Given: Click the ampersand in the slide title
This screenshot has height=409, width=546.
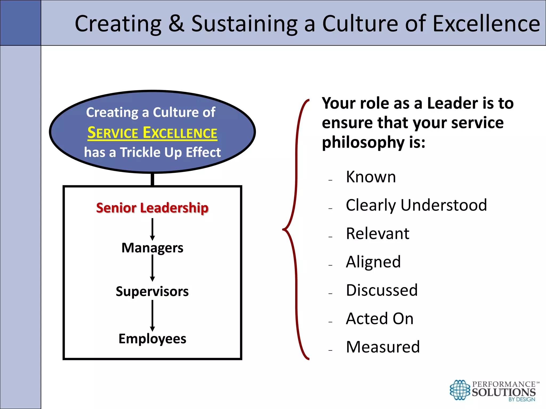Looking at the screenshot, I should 176,23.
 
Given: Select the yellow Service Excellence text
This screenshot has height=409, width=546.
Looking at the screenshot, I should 152,133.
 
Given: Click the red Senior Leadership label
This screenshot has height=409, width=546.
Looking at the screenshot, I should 152,208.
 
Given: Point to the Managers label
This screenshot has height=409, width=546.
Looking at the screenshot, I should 152,248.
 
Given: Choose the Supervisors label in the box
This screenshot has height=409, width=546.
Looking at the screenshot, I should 152,291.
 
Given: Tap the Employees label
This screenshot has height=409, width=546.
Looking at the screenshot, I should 152,339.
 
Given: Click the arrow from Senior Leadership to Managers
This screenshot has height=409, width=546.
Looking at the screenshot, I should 152,229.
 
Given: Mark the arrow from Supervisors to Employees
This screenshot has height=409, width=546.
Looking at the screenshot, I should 152,316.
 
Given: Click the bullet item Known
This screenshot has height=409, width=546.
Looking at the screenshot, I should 371,177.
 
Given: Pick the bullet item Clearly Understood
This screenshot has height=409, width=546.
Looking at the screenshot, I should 416,205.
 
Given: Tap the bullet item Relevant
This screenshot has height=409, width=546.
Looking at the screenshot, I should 378,234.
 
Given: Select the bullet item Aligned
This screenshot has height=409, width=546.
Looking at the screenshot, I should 373,262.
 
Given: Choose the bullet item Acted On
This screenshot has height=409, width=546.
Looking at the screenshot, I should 380,318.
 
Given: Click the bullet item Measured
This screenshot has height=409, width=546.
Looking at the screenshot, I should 383,347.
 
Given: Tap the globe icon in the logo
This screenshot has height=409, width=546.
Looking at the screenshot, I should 460,390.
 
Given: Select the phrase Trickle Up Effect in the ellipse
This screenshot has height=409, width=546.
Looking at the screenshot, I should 170,153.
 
